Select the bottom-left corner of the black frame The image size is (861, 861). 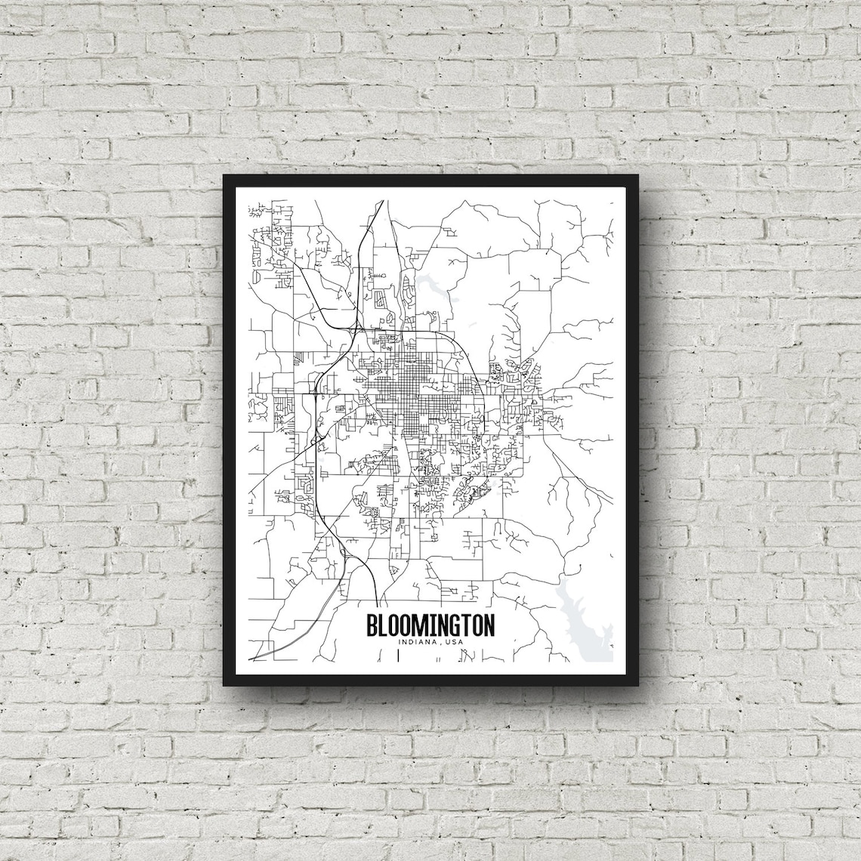coord(224,684)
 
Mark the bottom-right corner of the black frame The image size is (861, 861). coord(636,684)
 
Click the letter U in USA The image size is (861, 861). coord(448,642)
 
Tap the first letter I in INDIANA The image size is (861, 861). coord(397,642)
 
